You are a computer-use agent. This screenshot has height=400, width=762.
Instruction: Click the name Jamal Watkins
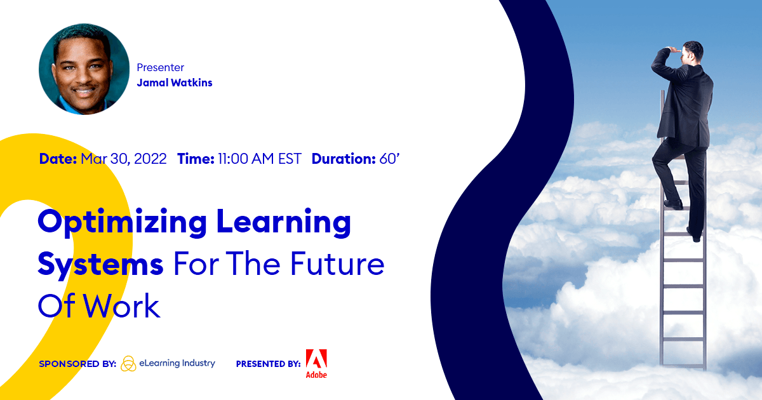[x=175, y=83]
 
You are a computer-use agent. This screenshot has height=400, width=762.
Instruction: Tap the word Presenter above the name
[x=161, y=67]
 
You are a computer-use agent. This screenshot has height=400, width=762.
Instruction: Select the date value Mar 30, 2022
[x=124, y=159]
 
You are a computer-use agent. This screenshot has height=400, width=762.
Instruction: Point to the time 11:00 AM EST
[x=259, y=159]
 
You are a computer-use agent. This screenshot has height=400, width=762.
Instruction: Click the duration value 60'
[x=389, y=159]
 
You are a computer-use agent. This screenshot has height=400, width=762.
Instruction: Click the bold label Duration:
[x=344, y=159]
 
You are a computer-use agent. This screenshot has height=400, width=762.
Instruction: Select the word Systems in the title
[x=100, y=265]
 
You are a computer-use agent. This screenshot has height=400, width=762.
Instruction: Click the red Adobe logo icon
[x=316, y=359]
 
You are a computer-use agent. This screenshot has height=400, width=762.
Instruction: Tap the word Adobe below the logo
[x=316, y=375]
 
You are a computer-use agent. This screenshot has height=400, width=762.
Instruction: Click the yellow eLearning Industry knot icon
[x=128, y=363]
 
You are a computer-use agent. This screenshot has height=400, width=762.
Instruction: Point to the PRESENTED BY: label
[x=268, y=364]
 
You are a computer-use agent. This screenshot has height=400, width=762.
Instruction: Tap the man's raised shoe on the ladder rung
[x=673, y=204]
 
